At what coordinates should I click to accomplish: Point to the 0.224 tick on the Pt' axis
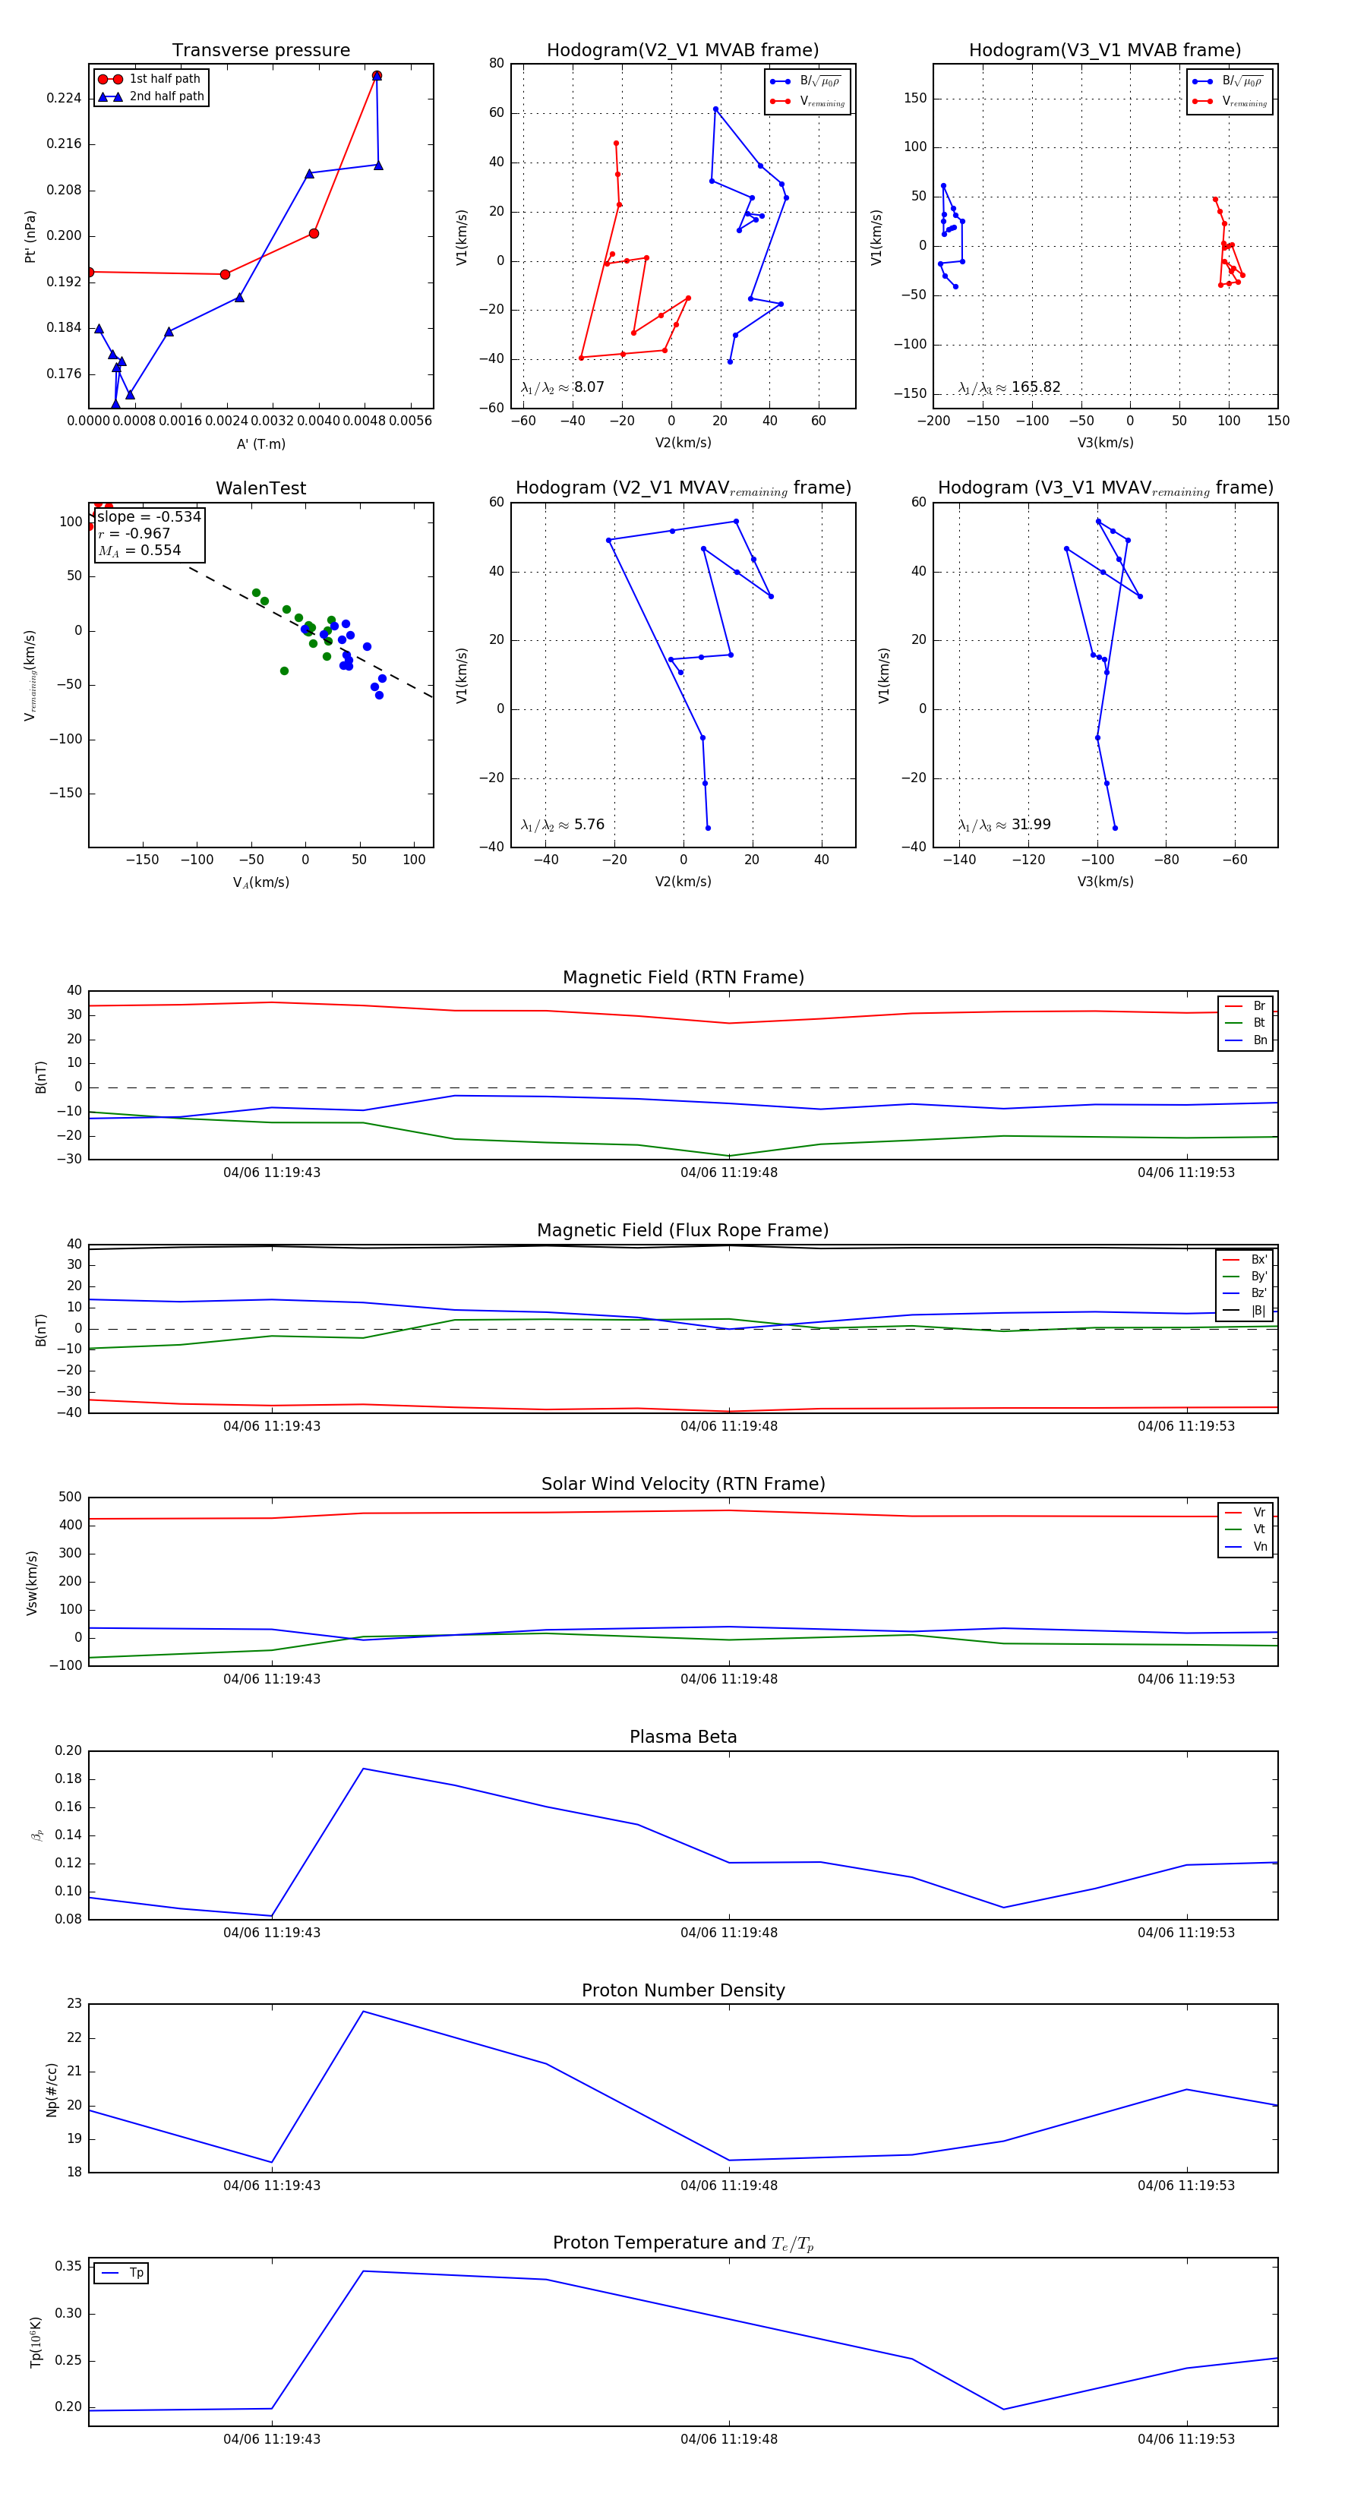click(x=65, y=98)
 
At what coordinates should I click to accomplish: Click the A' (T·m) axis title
click(x=260, y=443)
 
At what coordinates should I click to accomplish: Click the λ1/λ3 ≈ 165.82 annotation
click(x=1009, y=387)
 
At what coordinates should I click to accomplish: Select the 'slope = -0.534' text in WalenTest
click(x=149, y=516)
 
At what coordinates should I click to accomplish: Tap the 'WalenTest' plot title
click(x=260, y=488)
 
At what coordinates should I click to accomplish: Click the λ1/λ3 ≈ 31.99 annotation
click(x=1004, y=825)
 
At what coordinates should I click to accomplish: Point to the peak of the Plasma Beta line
click(x=363, y=1769)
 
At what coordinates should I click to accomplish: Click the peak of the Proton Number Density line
click(x=363, y=2011)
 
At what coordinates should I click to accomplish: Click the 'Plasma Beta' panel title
click(x=683, y=1737)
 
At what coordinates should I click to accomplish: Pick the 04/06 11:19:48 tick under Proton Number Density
click(x=729, y=2185)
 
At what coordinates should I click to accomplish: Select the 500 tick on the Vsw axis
click(x=70, y=1498)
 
